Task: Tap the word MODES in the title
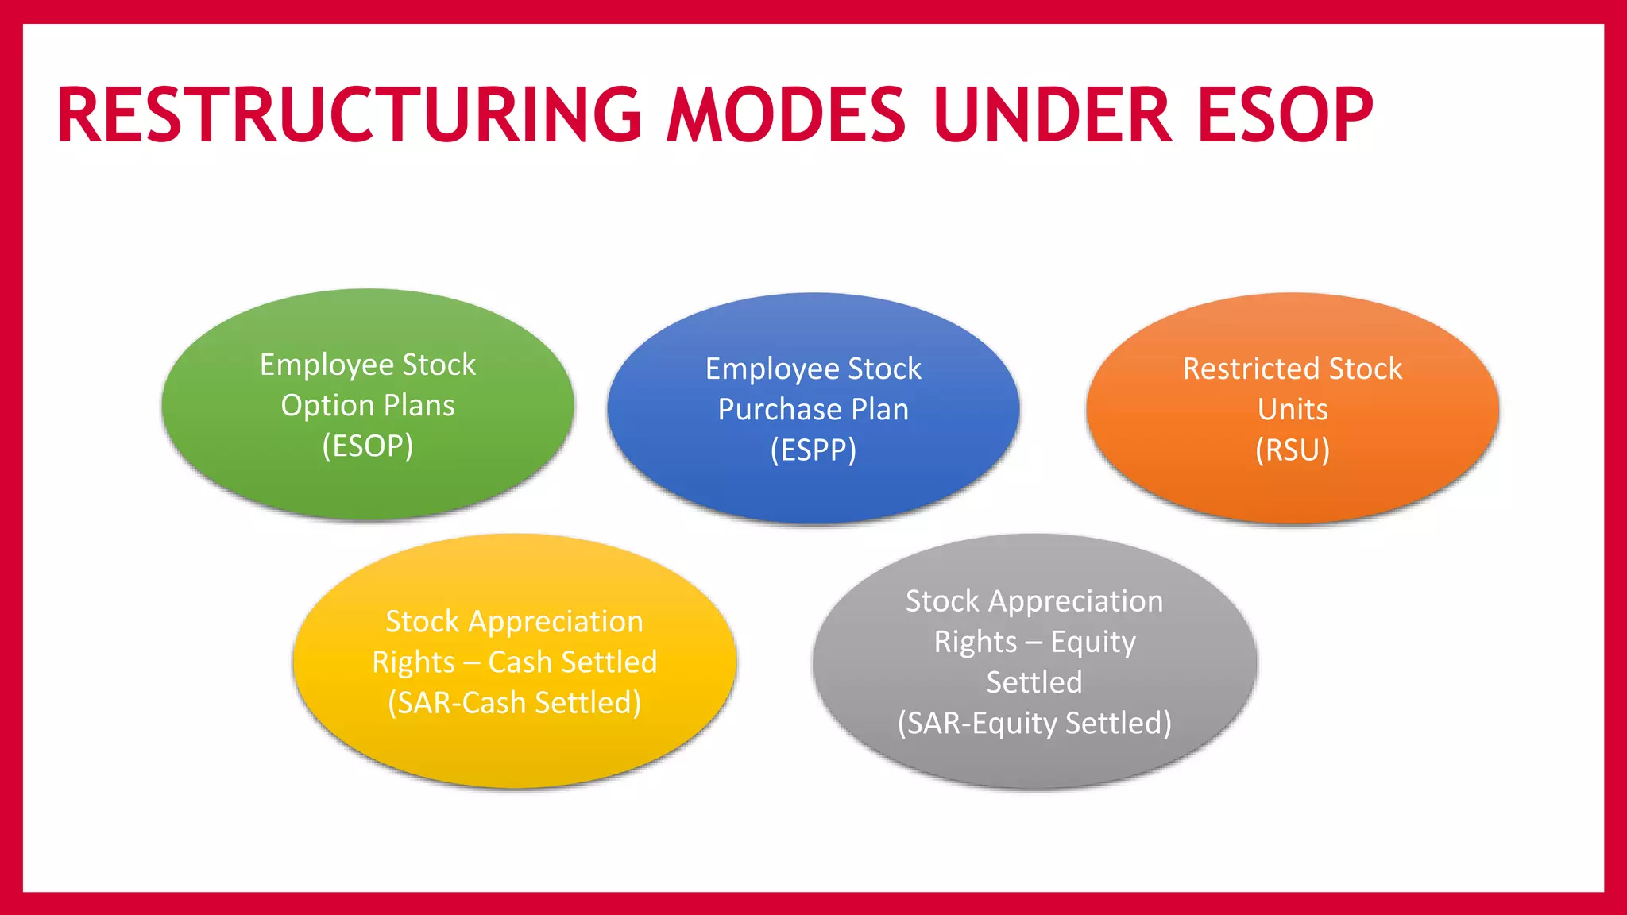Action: (x=786, y=115)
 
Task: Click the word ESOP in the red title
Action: (x=1285, y=115)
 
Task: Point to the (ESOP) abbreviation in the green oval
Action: (x=368, y=446)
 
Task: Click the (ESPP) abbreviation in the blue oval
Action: (x=813, y=450)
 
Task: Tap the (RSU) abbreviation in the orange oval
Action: (x=1293, y=450)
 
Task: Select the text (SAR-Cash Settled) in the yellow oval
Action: (x=515, y=703)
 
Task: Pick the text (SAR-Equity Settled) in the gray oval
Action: (x=1034, y=724)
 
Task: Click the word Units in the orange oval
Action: (x=1293, y=410)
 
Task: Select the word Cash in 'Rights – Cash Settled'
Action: (x=520, y=662)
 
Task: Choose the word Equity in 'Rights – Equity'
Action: (x=1093, y=642)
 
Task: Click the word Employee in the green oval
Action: (x=326, y=365)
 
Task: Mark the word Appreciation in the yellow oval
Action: (x=555, y=621)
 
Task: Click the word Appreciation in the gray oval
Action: (x=1075, y=601)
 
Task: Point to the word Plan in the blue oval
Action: (x=879, y=410)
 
